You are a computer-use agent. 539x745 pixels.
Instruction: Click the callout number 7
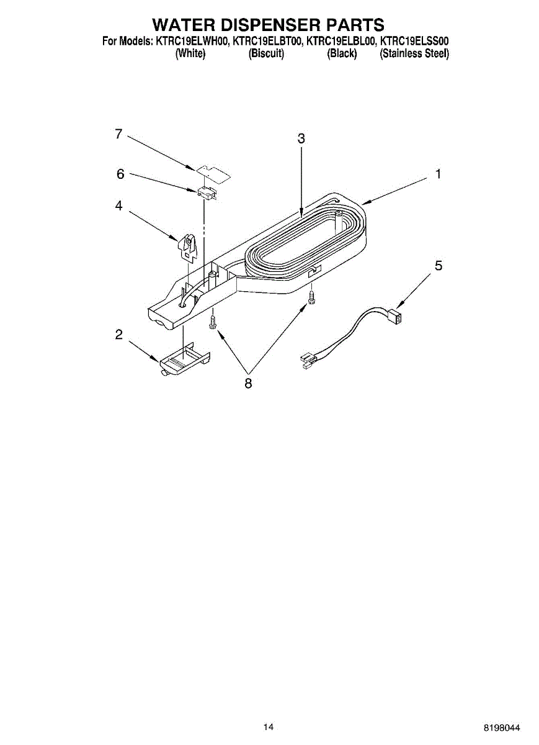[118, 134]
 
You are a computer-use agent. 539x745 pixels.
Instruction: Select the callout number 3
[301, 139]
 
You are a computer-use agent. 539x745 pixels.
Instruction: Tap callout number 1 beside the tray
[438, 174]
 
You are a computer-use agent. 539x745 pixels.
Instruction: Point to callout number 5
[439, 266]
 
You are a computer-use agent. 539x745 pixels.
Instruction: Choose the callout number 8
[248, 384]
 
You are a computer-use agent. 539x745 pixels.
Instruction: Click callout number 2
[118, 335]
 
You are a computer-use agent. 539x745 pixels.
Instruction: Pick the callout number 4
[118, 205]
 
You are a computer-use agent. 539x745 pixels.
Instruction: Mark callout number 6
[120, 174]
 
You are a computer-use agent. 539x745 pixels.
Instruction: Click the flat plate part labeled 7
[213, 172]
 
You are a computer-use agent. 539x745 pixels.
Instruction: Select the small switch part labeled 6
[207, 194]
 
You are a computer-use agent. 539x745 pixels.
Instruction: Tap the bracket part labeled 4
[188, 246]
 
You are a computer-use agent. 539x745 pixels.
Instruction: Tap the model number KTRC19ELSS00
[414, 42]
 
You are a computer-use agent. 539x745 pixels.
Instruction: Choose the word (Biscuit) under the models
[266, 54]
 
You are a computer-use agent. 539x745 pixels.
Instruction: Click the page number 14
[269, 727]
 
